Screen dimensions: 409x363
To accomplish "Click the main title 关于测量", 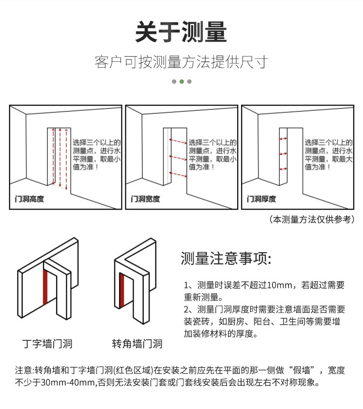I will [181, 32].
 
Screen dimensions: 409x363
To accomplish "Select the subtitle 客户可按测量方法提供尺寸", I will [181, 62].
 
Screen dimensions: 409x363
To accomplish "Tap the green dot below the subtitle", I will [181, 81].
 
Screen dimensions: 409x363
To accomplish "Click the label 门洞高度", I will [30, 198].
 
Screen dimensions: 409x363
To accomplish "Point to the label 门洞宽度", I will [146, 198].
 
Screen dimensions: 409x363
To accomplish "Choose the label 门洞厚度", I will [262, 198].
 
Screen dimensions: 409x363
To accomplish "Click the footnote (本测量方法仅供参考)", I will [311, 219].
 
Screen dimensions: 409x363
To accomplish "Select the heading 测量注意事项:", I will [225, 258].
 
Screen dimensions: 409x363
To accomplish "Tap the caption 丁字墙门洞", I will [47, 344].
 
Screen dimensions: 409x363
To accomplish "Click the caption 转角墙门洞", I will [137, 344].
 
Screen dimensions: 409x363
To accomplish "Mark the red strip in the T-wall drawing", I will [45, 288].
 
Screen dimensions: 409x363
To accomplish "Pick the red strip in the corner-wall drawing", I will [122, 295].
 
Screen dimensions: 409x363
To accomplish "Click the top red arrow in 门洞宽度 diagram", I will [178, 141].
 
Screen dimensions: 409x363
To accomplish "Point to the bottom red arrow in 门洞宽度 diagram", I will [178, 173].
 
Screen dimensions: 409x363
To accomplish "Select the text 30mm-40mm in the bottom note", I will [67, 383].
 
